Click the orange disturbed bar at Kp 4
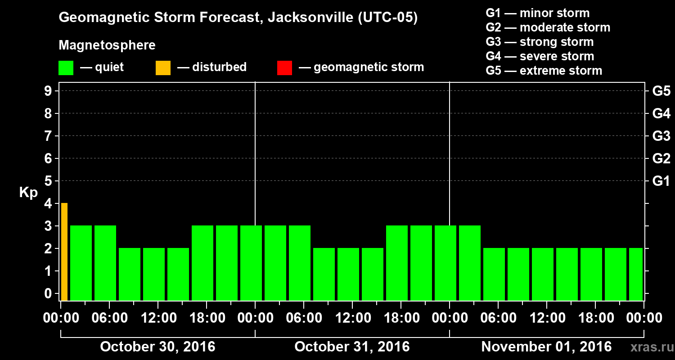(64, 252)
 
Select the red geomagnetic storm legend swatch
(284, 68)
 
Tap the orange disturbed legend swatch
(163, 68)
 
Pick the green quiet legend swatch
(66, 68)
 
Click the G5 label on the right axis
(661, 91)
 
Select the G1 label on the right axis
(661, 181)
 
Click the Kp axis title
(28, 193)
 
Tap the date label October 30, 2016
(157, 347)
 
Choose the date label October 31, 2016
(352, 347)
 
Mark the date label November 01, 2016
(546, 347)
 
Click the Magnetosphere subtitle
(107, 45)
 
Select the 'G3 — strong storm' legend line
(540, 42)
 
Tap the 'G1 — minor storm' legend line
(538, 13)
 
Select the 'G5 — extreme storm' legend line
(544, 71)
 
